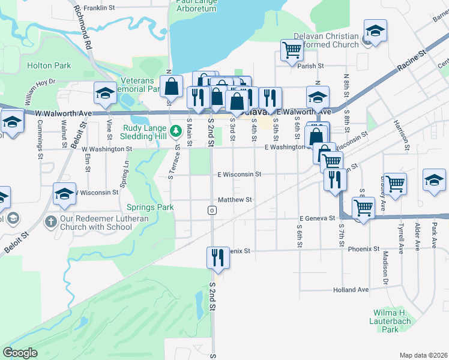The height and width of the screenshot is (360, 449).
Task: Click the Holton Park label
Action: tap(49, 65)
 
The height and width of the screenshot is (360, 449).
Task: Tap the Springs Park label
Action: tap(150, 208)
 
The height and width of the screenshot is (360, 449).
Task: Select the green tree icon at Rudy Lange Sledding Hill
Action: tap(175, 130)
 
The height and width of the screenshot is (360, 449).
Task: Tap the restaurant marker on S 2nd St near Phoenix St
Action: tap(215, 258)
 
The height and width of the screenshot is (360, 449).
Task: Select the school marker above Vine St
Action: tap(105, 93)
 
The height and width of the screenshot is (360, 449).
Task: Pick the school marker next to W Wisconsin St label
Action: tap(64, 194)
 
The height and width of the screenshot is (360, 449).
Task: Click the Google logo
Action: tap(20, 353)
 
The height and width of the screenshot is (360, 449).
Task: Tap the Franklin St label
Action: tap(99, 8)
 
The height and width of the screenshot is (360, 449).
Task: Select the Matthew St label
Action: tap(234, 199)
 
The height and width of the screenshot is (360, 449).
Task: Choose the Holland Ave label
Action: tap(351, 289)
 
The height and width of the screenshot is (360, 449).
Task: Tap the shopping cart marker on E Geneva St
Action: tap(363, 208)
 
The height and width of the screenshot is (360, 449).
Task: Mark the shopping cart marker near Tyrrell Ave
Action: tap(395, 184)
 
